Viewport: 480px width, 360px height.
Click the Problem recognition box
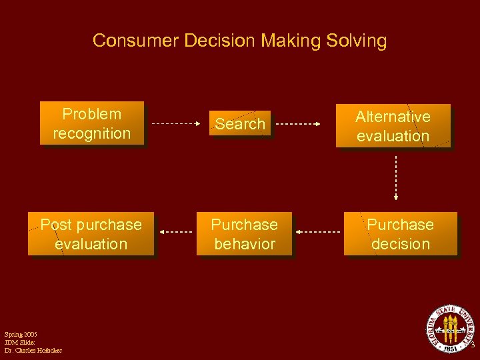coord(91,124)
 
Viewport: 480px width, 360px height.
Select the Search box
coord(240,124)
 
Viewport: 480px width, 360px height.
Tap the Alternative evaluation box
coord(393,126)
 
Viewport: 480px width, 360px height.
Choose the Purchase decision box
coord(400,234)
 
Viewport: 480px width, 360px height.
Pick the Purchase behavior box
coord(244,234)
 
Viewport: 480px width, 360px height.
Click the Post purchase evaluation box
coord(91,234)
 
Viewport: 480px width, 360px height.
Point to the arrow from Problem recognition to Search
coord(177,124)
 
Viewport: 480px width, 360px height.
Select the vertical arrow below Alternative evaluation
coord(395,177)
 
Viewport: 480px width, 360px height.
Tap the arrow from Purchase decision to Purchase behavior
coord(318,232)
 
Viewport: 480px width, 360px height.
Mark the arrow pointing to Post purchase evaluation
coord(177,232)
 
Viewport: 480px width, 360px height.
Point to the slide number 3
coord(472,345)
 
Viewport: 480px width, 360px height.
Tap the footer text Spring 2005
coord(21,334)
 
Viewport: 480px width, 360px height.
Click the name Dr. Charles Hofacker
coord(33,350)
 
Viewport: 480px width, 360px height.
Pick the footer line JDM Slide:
coord(19,342)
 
